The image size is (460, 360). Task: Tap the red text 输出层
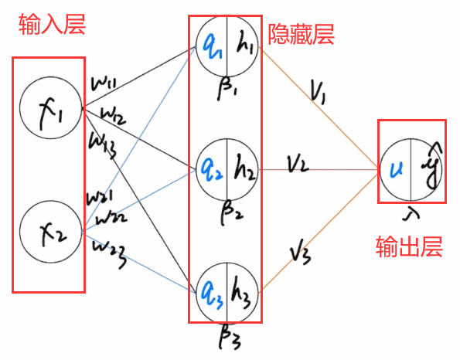pos(407,246)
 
